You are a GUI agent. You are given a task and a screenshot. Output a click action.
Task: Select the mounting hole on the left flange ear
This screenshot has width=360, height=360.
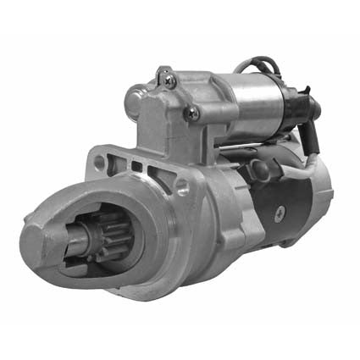(100, 160)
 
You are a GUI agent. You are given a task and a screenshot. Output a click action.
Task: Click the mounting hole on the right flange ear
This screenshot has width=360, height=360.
(182, 189)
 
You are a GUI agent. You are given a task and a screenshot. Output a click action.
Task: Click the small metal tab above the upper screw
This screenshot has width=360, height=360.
(163, 71)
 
